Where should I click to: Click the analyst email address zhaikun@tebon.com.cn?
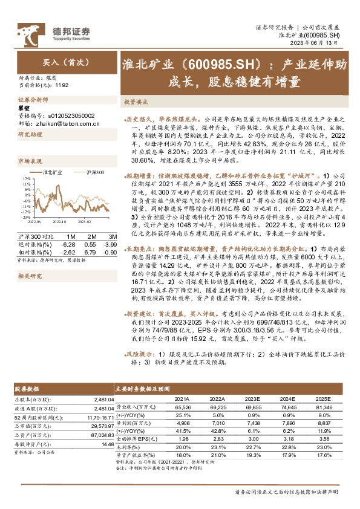pos(66,123)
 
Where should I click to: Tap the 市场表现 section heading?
pos(31,161)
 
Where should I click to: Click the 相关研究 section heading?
pos(31,259)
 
